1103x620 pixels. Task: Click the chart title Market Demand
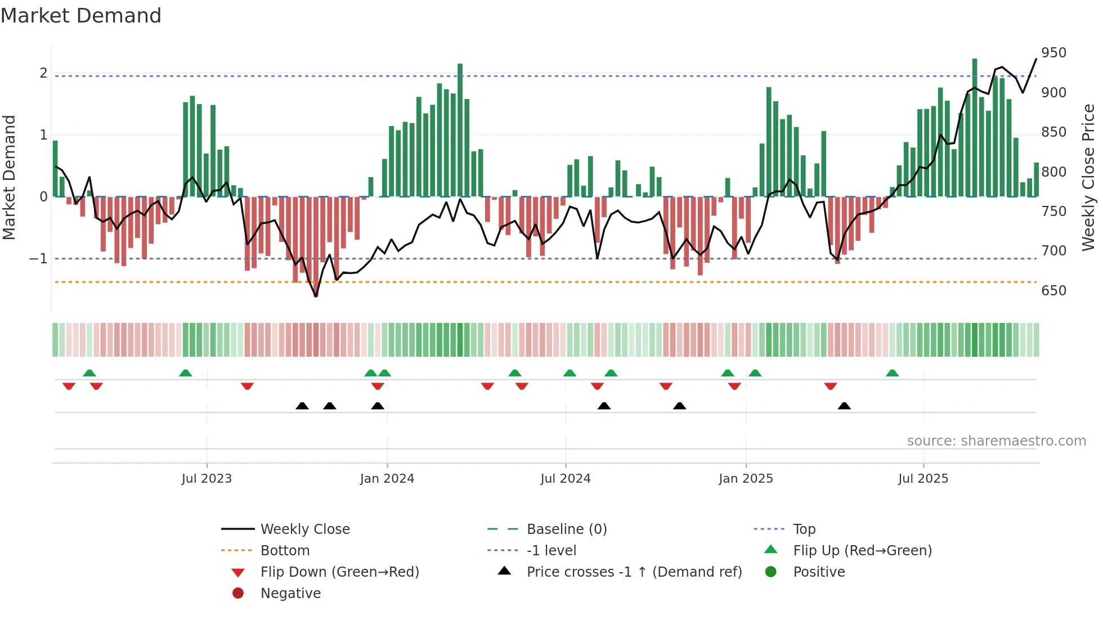[x=81, y=16]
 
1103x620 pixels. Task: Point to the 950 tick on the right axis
[x=1053, y=53]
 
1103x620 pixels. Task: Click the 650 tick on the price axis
[x=1053, y=291]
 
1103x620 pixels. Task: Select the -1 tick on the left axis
[x=38, y=259]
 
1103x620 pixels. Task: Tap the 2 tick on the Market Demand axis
[x=43, y=73]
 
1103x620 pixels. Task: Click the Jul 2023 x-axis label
[x=207, y=479]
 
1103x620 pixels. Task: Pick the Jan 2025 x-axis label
[x=746, y=479]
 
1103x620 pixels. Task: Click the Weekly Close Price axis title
[x=1088, y=177]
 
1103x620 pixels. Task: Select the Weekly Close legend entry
[x=304, y=529]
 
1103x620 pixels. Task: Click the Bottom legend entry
[x=285, y=551]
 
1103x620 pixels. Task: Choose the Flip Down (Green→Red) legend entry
[x=339, y=572]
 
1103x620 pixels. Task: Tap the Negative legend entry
[x=290, y=594]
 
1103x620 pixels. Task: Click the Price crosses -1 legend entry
[x=634, y=572]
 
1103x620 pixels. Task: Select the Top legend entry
[x=804, y=529]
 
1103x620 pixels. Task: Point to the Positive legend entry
[x=819, y=572]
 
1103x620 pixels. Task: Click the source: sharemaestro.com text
[x=996, y=441]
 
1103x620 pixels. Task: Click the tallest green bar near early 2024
[x=460, y=129]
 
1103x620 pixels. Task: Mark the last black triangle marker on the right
[x=844, y=406]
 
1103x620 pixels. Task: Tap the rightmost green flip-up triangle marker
[x=892, y=373]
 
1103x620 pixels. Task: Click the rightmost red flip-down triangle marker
[x=831, y=386]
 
